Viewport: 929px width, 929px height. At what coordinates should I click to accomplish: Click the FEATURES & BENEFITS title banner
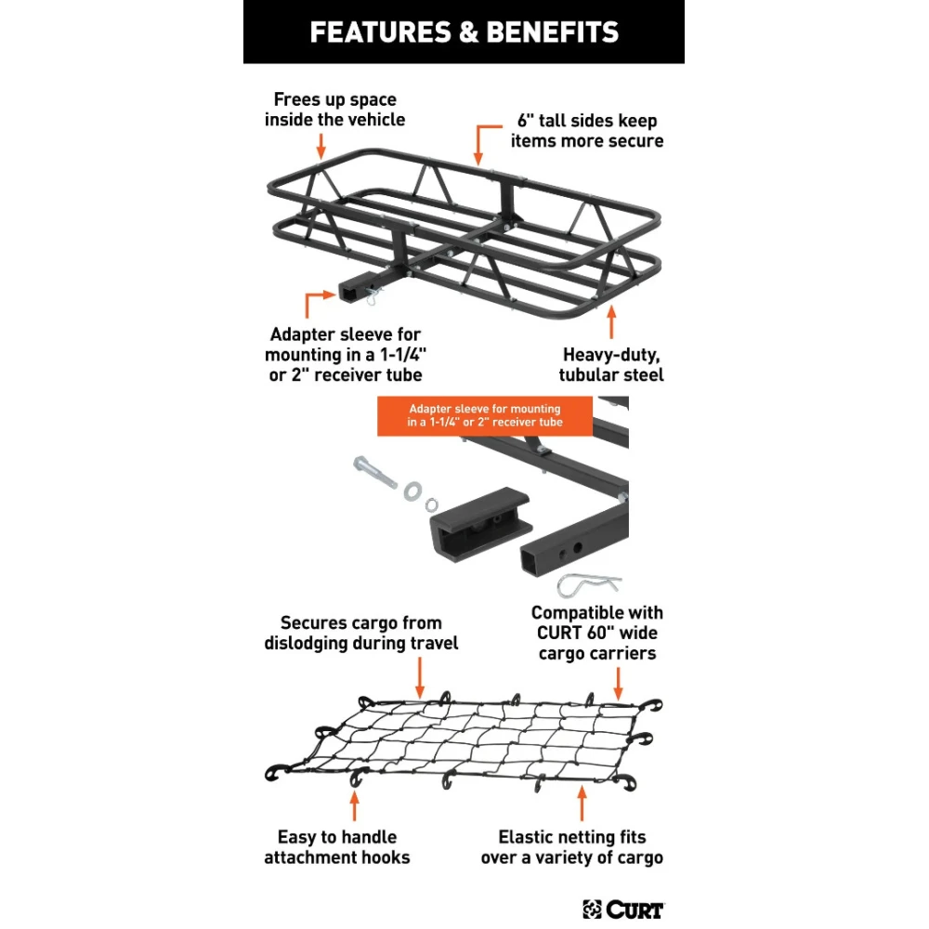[464, 33]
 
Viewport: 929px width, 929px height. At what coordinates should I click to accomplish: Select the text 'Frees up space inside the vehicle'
[334, 110]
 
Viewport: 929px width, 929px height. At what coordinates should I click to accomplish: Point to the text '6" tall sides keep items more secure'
[586, 131]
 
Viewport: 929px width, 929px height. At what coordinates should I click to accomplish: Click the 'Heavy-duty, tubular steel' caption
[611, 364]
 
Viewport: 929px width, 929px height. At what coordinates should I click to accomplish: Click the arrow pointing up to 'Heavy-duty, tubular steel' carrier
[611, 323]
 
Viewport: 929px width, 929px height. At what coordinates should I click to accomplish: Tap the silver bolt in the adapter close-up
[376, 472]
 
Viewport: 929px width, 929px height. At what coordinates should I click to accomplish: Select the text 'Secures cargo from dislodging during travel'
[360, 633]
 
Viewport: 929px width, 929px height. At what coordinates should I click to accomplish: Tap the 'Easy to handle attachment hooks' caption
[336, 847]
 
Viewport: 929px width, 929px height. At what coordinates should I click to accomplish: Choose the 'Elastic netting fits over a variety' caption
[571, 847]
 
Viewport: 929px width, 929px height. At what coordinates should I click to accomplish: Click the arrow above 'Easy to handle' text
[356, 805]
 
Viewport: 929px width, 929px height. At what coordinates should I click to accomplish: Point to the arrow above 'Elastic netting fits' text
[582, 802]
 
